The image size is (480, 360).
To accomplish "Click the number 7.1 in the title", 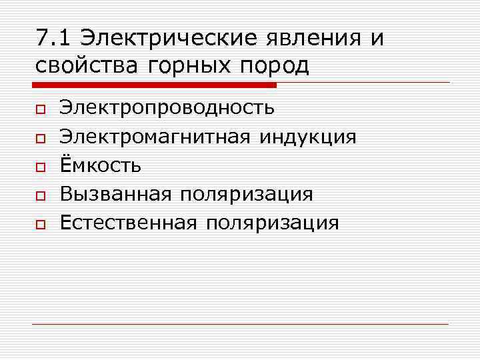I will [x=52, y=38].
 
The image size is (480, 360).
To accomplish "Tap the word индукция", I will [x=308, y=138].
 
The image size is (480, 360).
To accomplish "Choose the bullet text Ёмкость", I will [x=100, y=165].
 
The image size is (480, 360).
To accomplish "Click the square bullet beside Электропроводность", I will [x=40, y=109].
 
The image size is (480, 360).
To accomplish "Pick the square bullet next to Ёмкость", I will [x=40, y=166].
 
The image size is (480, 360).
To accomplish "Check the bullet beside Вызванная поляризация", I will [x=40, y=195].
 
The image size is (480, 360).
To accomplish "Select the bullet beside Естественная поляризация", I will [x=40, y=223].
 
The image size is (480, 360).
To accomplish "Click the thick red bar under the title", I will [x=154, y=85].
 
